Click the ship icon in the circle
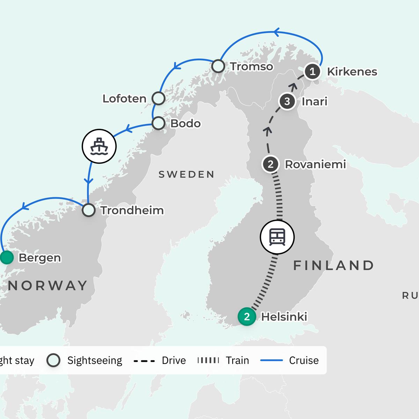tap(99, 147)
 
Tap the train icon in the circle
tap(277, 237)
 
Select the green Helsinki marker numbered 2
tap(247, 317)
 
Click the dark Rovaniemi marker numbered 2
tap(271, 164)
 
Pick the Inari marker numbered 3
tap(287, 102)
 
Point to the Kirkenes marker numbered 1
tap(313, 72)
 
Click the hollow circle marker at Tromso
tap(218, 66)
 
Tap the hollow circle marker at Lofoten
tap(159, 98)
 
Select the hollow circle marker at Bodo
tap(159, 123)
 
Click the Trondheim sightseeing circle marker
tap(89, 210)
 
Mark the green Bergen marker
tap(6, 258)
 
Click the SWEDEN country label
tap(186, 174)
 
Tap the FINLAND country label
tap(333, 265)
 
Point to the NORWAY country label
tap(48, 286)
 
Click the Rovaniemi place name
tap(315, 164)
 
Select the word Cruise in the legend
tap(304, 360)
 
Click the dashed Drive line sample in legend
tap(144, 361)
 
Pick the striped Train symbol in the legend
tap(208, 360)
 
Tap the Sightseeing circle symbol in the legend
tap(53, 360)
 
